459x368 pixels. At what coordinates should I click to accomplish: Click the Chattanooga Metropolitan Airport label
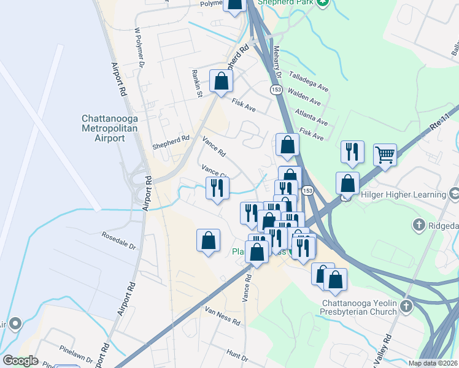click(x=110, y=128)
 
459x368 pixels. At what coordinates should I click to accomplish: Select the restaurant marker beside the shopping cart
click(x=352, y=153)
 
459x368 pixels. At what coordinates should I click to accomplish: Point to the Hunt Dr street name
click(x=236, y=354)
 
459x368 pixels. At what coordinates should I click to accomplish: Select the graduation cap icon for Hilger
click(x=454, y=194)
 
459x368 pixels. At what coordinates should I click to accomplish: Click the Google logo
click(x=20, y=361)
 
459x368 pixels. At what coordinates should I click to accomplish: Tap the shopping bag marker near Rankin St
click(x=221, y=82)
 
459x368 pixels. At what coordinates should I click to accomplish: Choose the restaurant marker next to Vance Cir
click(x=217, y=188)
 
